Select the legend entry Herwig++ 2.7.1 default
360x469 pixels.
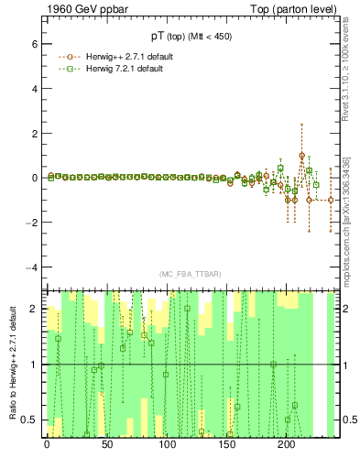[x=124, y=56]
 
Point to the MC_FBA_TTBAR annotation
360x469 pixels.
[x=189, y=274]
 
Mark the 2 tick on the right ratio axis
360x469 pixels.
[x=347, y=309]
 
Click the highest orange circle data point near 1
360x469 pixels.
[x=302, y=156]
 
